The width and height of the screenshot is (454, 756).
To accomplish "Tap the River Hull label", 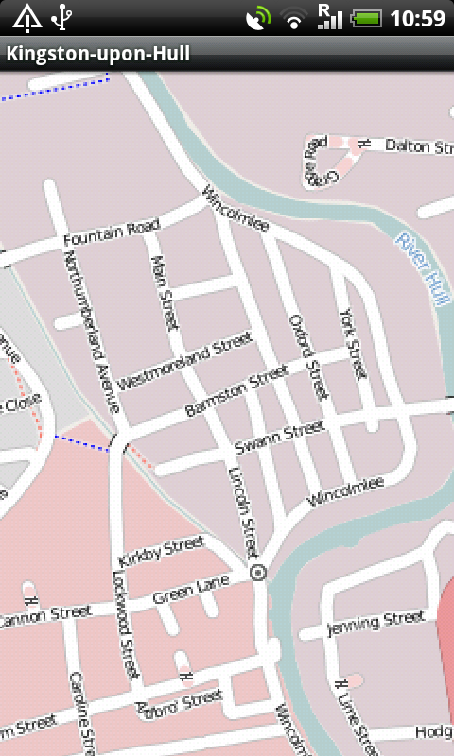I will [x=422, y=269].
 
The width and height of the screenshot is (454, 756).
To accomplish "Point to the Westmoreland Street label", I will [x=185, y=360].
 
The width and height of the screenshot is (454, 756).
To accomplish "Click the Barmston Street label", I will [x=236, y=392].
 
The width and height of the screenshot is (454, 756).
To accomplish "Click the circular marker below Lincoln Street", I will [x=258, y=572].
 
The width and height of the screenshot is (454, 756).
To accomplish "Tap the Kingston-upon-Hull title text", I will [x=98, y=54].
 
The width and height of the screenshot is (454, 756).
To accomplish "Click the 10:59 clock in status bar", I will [x=417, y=17].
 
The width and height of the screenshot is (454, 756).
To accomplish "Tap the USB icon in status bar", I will [x=62, y=17].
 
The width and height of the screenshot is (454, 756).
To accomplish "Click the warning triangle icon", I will [x=26, y=17].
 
